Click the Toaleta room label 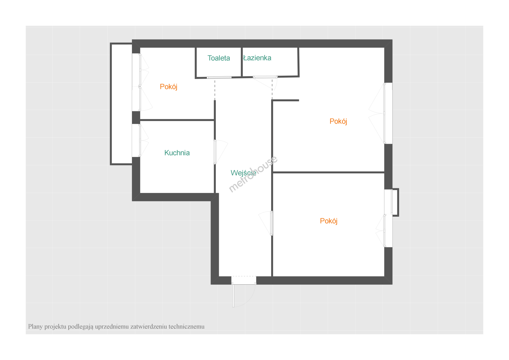point(219,58)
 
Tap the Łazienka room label point(257,58)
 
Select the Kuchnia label point(177,153)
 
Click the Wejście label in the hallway point(244,173)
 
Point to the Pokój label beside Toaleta point(168,87)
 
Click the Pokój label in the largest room point(338,121)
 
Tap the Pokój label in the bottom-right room point(328,221)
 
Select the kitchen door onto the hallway point(221,152)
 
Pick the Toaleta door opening point(219,78)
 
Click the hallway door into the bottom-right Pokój point(266,223)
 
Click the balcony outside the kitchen point(121,104)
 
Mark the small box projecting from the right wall point(395,202)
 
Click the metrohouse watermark point(253,174)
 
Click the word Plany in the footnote point(35,327)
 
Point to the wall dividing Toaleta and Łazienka point(242,62)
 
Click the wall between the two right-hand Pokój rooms point(328,172)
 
